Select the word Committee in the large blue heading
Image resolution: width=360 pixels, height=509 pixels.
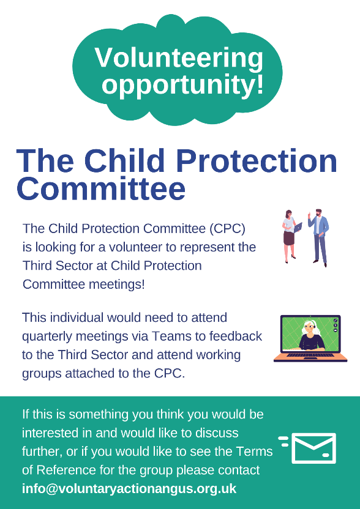(101, 188)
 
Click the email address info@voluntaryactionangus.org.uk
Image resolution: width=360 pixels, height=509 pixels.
(129, 489)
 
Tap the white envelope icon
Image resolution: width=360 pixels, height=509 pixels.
(307, 448)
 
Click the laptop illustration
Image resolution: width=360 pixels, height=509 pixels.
(310, 338)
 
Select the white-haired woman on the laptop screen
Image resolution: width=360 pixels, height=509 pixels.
(311, 335)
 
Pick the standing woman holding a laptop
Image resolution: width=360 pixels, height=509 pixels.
(290, 236)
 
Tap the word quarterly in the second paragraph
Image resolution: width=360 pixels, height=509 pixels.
(47, 337)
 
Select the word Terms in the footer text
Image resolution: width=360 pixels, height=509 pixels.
(255, 451)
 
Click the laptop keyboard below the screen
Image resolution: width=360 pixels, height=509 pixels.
(310, 355)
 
